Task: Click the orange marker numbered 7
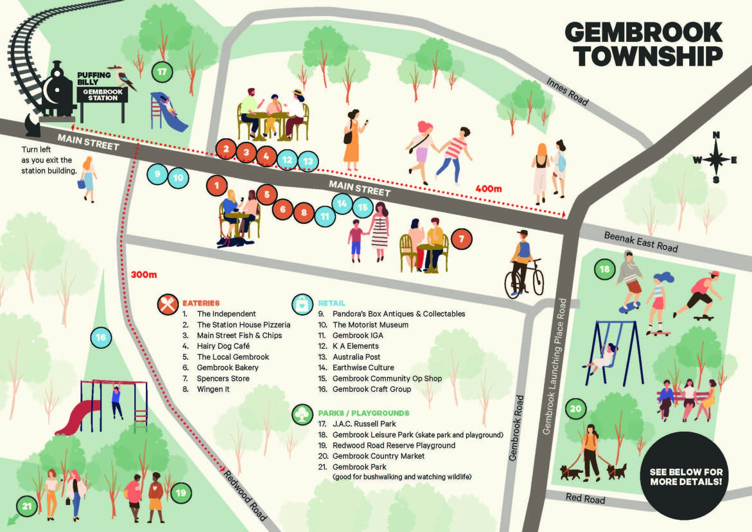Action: pyautogui.click(x=461, y=239)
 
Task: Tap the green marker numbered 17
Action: pyautogui.click(x=162, y=72)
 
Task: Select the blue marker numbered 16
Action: pyautogui.click(x=101, y=337)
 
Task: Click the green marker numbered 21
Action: pyautogui.click(x=26, y=506)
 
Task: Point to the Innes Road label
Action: pyautogui.click(x=567, y=92)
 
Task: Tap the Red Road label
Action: pyautogui.click(x=585, y=498)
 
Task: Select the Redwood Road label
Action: pyautogui.click(x=245, y=495)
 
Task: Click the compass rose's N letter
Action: pyautogui.click(x=716, y=135)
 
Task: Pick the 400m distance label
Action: pyautogui.click(x=488, y=189)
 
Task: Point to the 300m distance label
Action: pyautogui.click(x=144, y=275)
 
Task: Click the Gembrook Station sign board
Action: pyautogui.click(x=103, y=95)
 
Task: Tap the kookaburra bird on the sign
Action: pyautogui.click(x=124, y=77)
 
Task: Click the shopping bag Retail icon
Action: pyautogui.click(x=302, y=304)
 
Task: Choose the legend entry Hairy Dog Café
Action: pyautogui.click(x=223, y=346)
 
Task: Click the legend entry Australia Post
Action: pyautogui.click(x=356, y=357)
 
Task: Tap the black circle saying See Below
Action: pyautogui.click(x=685, y=476)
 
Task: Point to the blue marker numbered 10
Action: pyautogui.click(x=178, y=178)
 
